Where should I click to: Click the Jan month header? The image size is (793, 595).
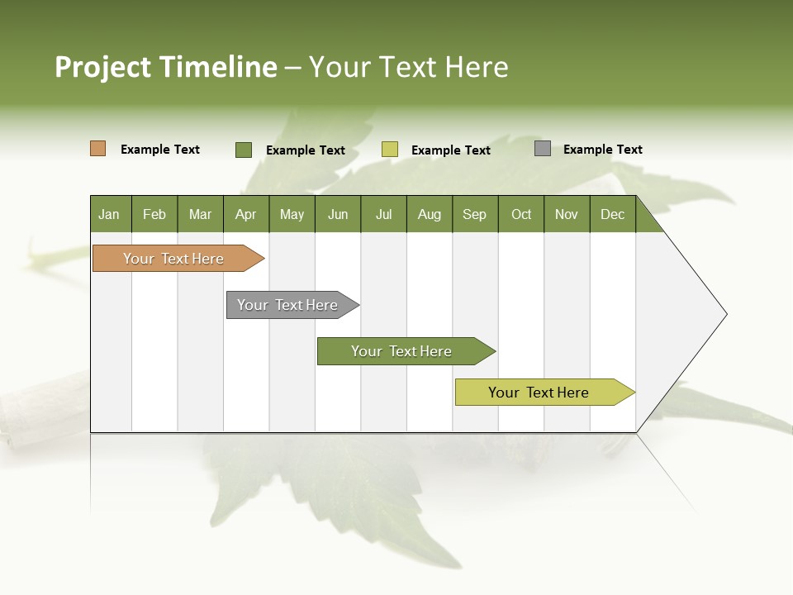(x=110, y=214)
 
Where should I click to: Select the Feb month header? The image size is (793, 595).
(x=154, y=214)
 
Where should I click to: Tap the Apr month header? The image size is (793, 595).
(x=245, y=214)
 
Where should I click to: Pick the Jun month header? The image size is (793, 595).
(x=338, y=214)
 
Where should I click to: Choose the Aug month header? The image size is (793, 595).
(x=429, y=214)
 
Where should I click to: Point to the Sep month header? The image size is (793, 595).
(x=474, y=214)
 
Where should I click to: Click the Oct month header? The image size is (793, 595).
(x=521, y=214)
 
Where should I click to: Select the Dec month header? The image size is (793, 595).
(x=612, y=214)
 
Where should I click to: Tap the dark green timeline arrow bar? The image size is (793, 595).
(x=402, y=351)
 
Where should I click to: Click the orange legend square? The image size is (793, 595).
(x=98, y=149)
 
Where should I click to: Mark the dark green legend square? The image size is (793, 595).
(x=244, y=150)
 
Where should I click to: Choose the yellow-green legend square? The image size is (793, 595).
(x=390, y=150)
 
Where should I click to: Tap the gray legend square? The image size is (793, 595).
(x=543, y=149)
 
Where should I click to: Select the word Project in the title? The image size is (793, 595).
(x=103, y=67)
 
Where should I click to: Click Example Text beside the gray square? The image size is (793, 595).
(x=602, y=150)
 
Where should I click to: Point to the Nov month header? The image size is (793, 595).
(x=567, y=214)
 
